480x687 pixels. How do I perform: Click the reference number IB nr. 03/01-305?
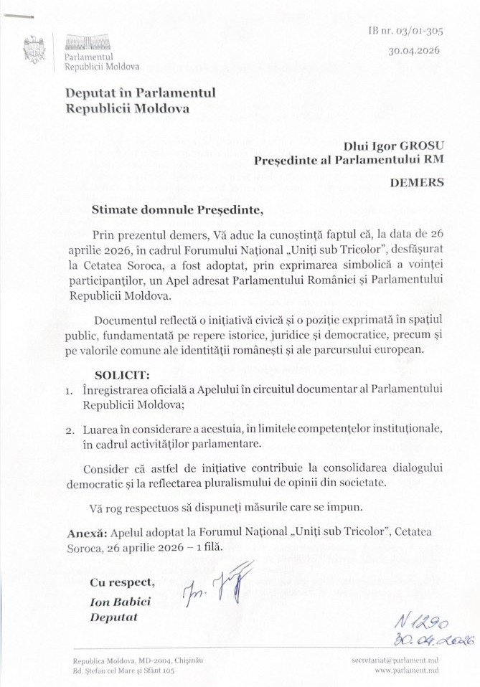click(405, 31)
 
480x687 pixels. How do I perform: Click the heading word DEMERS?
click(417, 182)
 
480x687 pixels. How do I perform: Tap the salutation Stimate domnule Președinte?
click(173, 210)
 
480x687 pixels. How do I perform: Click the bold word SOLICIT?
click(123, 374)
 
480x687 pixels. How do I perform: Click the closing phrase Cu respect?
click(122, 582)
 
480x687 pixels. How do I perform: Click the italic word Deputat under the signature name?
click(113, 617)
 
